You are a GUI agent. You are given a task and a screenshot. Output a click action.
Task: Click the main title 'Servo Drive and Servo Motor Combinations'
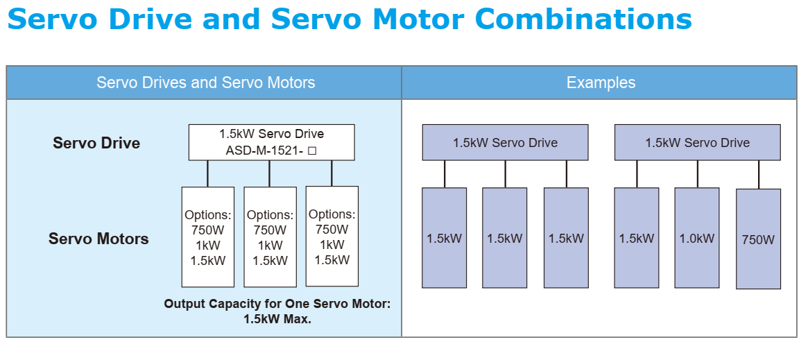350,19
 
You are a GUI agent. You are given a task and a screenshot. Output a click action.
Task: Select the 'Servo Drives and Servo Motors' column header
205,83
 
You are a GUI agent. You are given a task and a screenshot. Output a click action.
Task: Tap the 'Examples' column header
601,83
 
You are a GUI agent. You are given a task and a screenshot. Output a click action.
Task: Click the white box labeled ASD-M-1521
271,142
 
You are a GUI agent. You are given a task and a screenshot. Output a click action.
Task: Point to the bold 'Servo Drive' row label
96,144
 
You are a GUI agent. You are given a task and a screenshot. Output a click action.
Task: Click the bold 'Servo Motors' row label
98,239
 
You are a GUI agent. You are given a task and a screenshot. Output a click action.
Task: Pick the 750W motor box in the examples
758,239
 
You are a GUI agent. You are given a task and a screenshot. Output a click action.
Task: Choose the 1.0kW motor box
696,238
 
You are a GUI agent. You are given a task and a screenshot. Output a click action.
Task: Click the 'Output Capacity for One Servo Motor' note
277,304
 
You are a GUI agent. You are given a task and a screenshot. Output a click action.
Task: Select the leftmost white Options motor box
208,237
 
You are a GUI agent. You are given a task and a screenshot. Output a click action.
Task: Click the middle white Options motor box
270,237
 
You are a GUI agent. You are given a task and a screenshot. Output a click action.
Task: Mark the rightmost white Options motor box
332,237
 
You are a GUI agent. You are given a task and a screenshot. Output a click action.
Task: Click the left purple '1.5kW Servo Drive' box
505,143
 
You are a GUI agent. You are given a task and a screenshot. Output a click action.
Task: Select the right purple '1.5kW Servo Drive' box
697,143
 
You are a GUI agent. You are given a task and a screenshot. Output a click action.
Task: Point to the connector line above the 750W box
758,174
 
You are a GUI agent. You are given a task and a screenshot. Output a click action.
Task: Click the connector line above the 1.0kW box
698,173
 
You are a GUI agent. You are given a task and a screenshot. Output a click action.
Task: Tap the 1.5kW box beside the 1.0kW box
637,238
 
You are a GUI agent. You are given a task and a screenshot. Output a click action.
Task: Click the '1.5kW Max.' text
277,319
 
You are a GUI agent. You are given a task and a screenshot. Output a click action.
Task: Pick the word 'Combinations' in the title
587,19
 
